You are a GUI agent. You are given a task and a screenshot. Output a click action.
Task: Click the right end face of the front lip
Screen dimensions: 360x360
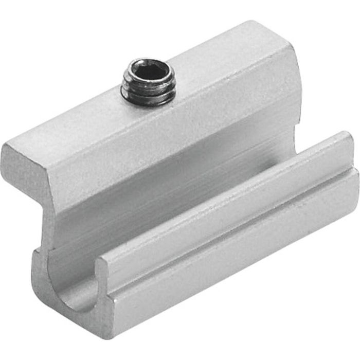(x=352, y=170)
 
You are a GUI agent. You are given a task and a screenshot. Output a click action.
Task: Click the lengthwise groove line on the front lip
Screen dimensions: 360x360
(x=231, y=226)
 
